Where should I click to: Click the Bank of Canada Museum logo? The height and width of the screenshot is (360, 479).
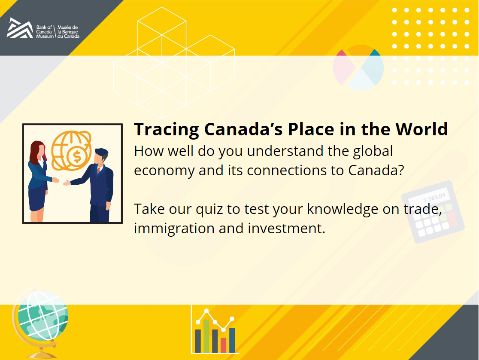[43, 28]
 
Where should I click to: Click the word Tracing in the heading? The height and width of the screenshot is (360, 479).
[167, 130]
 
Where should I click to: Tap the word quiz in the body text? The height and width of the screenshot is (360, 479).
[209, 210]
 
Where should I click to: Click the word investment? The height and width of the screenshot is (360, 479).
[287, 229]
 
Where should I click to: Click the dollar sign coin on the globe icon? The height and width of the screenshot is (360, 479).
[77, 157]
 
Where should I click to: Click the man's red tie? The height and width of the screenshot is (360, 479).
[99, 170]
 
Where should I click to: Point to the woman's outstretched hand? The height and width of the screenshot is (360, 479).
[56, 180]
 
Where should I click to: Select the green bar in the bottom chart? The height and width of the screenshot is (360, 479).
[206, 336]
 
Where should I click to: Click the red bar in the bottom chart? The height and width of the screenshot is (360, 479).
[224, 345]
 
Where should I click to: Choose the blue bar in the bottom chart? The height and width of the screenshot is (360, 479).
[232, 340]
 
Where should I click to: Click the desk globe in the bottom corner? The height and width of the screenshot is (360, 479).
[40, 323]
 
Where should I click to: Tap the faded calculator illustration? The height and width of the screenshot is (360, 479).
[433, 212]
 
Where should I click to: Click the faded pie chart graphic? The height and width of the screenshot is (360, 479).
[358, 67]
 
